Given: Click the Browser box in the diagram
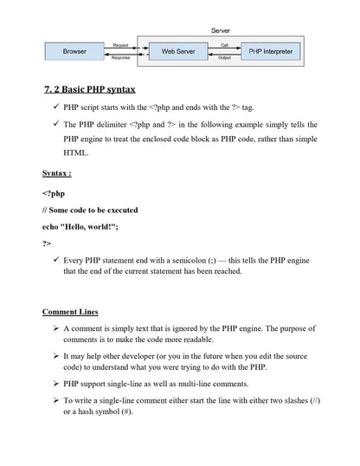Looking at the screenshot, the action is click(x=75, y=51).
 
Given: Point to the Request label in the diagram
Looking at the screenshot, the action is click(x=121, y=44).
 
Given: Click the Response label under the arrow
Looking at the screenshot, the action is click(x=121, y=59).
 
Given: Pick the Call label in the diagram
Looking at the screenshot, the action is click(x=224, y=44).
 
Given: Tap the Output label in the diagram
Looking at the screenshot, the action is click(x=224, y=59).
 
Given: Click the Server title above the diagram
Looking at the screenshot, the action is click(x=221, y=30).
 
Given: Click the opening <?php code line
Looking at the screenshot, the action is click(x=54, y=193).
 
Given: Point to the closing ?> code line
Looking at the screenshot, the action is click(x=47, y=243).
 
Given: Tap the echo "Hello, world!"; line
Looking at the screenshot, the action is click(x=86, y=226).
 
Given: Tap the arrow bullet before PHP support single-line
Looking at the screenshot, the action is click(x=55, y=382).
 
